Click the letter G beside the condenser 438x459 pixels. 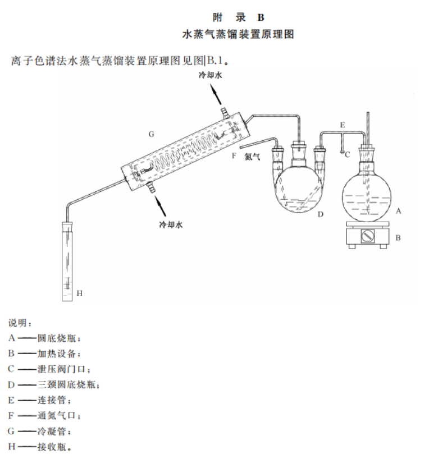151,134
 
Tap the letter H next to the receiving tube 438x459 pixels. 79,293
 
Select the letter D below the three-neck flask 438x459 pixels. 321,214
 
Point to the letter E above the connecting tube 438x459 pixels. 341,125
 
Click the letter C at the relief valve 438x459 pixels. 347,154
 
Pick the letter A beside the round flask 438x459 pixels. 398,211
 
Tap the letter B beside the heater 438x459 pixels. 398,237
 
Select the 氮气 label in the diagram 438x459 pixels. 252,158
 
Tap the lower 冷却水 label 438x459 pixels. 171,224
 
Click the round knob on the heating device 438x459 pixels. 367,236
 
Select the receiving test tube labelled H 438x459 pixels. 67,261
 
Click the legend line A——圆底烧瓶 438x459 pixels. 45,338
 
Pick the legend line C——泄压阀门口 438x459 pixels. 49,369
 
